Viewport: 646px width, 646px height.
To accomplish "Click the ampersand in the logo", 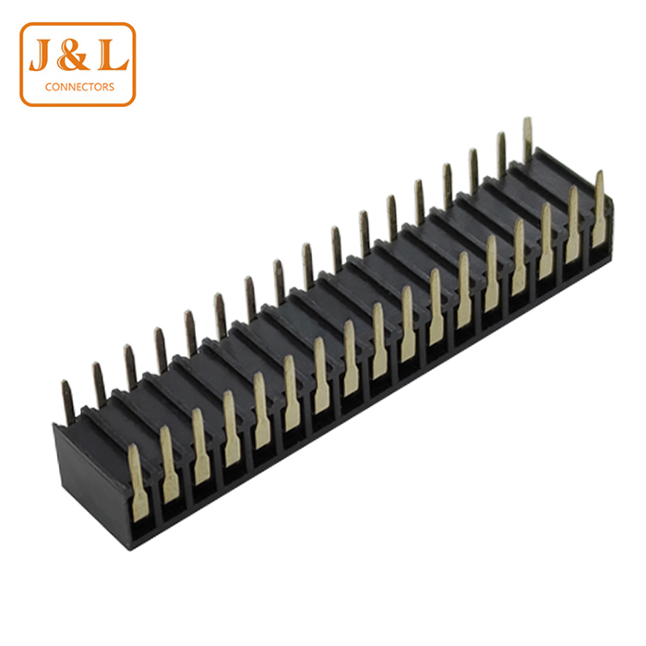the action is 73,54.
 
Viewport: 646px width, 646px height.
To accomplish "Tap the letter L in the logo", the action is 113,54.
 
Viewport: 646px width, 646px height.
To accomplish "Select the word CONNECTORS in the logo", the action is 79,87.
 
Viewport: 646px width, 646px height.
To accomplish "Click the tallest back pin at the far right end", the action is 527,139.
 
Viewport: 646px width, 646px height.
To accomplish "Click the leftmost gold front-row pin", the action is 138,482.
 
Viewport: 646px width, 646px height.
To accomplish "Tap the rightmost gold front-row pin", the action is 599,209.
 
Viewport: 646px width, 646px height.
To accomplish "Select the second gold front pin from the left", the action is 169,464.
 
